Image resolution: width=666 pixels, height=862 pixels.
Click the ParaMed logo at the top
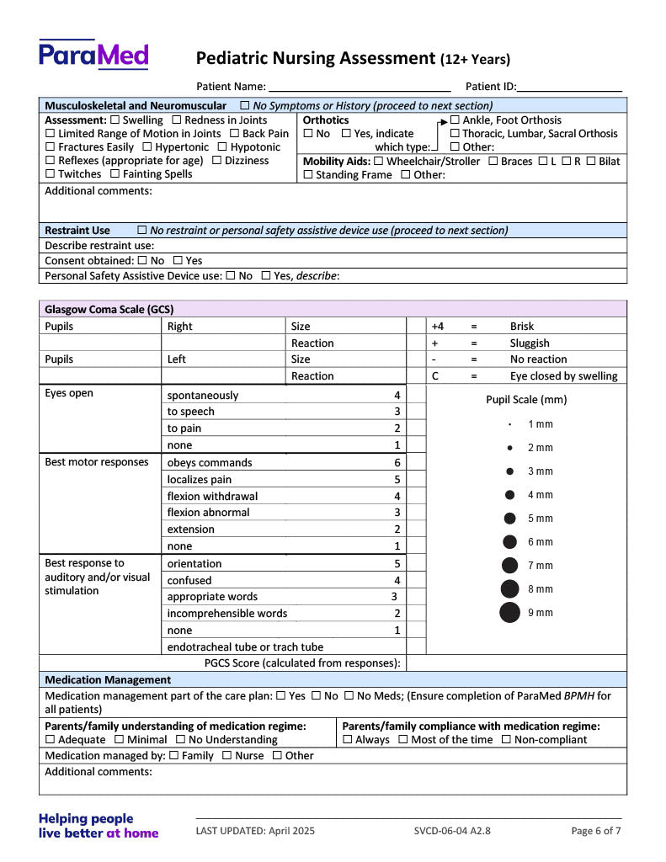point(93,55)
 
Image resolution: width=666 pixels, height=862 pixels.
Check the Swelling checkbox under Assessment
point(115,120)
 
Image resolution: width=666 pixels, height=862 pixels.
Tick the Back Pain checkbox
point(235,134)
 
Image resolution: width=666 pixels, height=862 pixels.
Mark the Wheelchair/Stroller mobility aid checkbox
point(378,162)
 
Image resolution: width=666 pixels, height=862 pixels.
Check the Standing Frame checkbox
point(308,175)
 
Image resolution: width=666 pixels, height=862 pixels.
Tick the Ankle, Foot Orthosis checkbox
point(455,120)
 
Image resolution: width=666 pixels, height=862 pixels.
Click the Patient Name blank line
point(360,87)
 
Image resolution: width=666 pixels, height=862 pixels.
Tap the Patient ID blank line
point(570,87)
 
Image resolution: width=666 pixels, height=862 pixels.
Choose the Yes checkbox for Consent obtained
point(178,261)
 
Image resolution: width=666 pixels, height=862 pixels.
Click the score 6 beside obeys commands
point(397,463)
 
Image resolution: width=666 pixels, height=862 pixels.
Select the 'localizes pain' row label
point(200,480)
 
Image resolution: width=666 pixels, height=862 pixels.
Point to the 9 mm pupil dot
point(509,613)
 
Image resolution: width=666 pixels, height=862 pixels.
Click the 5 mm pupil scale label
point(541,519)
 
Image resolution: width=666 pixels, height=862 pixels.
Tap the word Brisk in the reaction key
point(522,327)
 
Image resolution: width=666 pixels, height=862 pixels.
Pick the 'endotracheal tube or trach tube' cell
point(245,647)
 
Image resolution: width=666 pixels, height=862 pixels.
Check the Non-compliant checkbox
point(505,740)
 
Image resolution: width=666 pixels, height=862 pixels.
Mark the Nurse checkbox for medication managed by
point(226,756)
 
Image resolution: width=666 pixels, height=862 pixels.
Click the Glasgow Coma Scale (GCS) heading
point(109,309)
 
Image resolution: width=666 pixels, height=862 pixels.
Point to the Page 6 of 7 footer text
point(596,831)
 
